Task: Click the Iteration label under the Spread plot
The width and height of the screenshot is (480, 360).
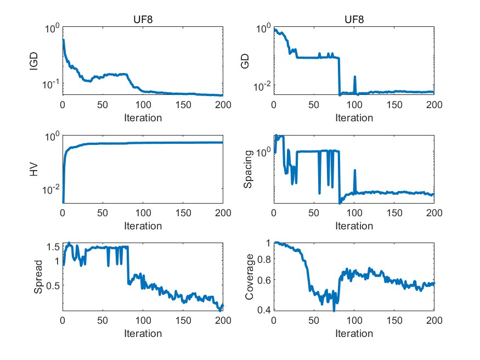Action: click(x=143, y=333)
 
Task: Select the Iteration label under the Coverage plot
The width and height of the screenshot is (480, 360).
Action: click(x=354, y=333)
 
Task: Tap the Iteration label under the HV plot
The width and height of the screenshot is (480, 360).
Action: click(x=143, y=226)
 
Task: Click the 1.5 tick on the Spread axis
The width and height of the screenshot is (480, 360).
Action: click(x=52, y=247)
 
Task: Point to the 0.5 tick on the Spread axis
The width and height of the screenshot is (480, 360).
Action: click(x=52, y=285)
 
